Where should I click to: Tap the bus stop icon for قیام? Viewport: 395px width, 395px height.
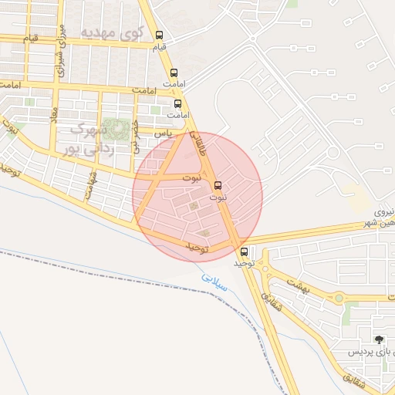[160, 35]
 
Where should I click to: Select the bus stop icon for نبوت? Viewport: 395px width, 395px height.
[218, 185]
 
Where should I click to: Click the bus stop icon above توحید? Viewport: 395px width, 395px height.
[245, 252]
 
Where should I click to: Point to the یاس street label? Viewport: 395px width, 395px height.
[162, 133]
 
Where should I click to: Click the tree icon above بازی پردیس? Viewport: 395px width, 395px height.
[379, 339]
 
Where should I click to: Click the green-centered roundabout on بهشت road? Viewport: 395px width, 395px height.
[339, 298]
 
